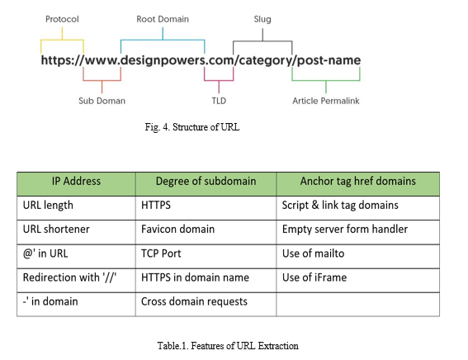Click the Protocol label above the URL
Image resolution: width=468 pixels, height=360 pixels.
[x=62, y=19]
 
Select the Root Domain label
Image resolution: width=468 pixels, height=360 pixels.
[x=163, y=19]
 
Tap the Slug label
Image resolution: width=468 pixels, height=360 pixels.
[x=262, y=19]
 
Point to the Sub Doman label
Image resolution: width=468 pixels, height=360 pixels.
[x=102, y=101]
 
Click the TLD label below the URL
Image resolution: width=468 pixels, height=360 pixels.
[x=219, y=101]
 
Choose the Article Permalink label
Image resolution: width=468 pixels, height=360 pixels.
[x=326, y=101]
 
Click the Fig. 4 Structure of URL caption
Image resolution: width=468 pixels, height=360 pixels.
[x=192, y=127]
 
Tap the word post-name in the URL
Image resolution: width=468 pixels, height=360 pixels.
[x=329, y=60]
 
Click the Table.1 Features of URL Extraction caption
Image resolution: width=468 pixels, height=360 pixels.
[x=228, y=346]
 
